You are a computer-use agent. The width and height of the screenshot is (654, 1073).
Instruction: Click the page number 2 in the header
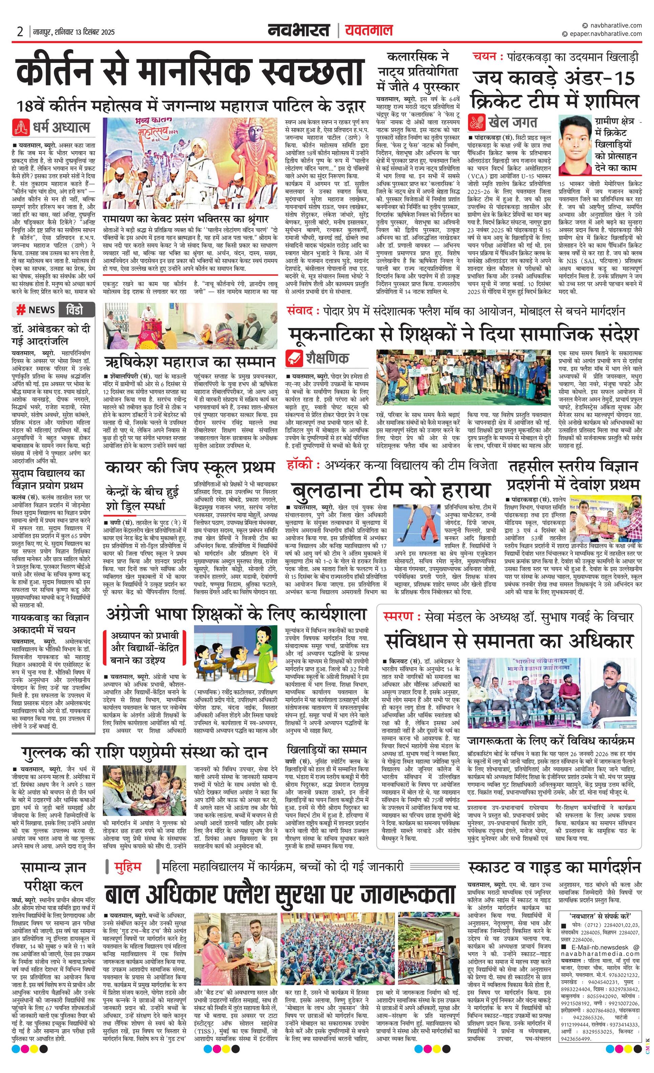pyautogui.click(x=20, y=32)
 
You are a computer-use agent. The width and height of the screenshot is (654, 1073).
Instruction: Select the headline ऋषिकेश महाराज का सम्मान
pyautogui.click(x=190, y=362)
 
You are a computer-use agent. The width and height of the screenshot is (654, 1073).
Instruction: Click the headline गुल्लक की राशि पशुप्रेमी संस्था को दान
pyautogui.click(x=144, y=752)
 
